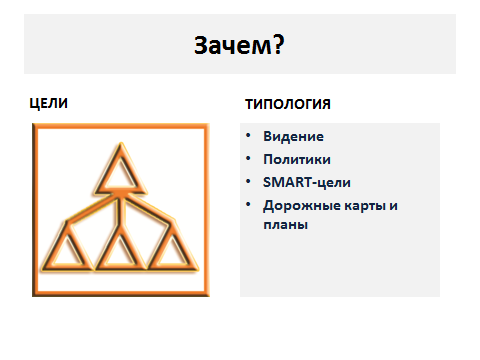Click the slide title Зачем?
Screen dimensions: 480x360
239,45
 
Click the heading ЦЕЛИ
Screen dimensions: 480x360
49,103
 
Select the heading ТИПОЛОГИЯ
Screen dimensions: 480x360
288,104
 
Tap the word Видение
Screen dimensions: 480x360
293,136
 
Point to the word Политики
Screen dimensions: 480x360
297,159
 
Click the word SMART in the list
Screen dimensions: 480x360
288,182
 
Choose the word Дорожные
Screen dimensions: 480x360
302,206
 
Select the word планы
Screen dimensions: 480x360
285,225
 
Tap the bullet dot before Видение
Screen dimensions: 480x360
248,135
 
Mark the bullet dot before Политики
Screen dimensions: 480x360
248,158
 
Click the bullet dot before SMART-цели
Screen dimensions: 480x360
248,181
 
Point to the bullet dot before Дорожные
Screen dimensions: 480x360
248,204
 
